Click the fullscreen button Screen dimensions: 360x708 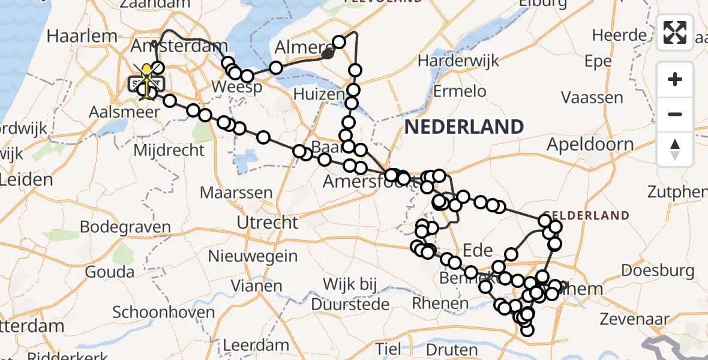click(675, 32)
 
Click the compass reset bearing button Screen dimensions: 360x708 click(675, 149)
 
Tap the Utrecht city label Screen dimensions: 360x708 click(267, 223)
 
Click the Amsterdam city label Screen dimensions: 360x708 click(190, 47)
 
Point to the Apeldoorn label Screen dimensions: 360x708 click(590, 145)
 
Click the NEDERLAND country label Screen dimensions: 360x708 click(464, 127)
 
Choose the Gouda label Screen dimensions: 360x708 click(110, 272)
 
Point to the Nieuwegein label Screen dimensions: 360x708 click(261, 256)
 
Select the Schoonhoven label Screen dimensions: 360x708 click(164, 313)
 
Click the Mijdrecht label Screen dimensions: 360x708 click(170, 150)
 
